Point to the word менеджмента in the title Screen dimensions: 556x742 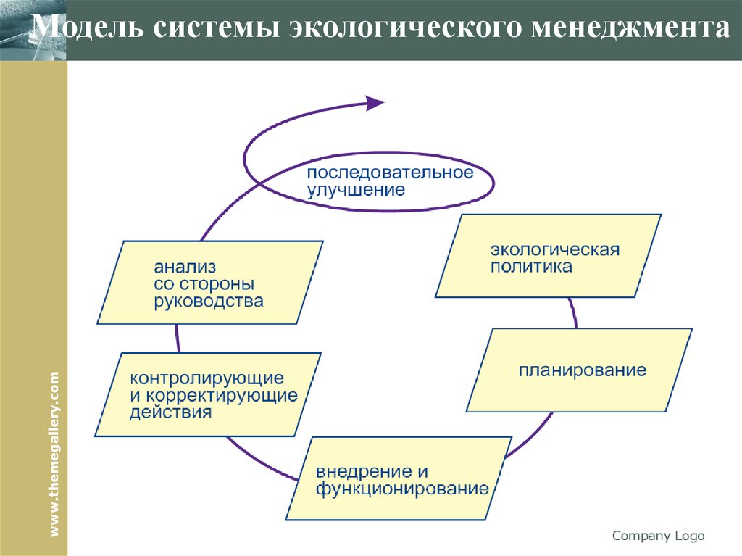click(x=629, y=28)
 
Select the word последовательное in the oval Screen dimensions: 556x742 click(x=389, y=174)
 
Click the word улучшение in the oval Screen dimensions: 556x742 click(x=356, y=191)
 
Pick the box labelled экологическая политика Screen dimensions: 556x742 click(x=548, y=256)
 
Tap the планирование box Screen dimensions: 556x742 click(x=579, y=370)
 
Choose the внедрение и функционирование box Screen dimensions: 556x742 click(x=399, y=478)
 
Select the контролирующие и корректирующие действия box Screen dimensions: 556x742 click(x=208, y=395)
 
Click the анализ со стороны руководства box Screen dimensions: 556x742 click(x=210, y=283)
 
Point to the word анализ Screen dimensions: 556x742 click(x=185, y=267)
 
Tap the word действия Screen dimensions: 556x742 click(x=171, y=413)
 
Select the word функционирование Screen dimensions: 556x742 click(x=402, y=488)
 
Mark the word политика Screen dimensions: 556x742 click(x=531, y=267)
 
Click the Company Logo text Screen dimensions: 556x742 click(x=658, y=536)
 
